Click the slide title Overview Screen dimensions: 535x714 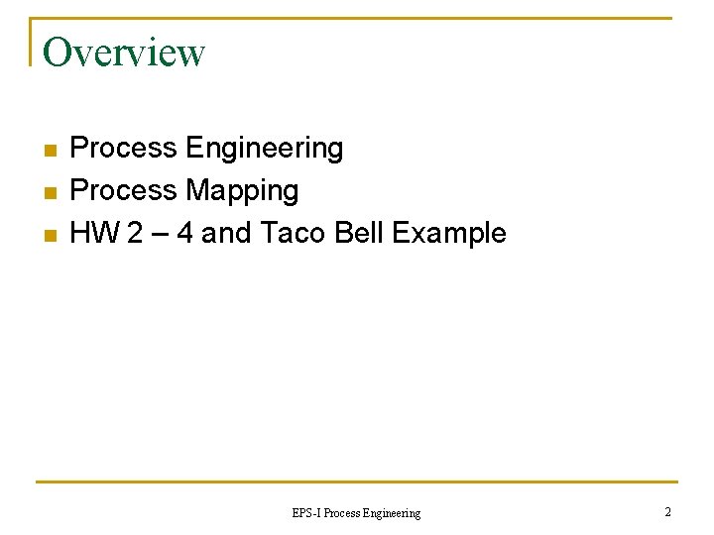coord(124,53)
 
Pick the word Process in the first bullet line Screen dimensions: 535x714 coord(124,149)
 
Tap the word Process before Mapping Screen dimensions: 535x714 coord(124,190)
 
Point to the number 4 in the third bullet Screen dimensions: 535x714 coord(183,234)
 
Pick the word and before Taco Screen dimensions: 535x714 coord(226,234)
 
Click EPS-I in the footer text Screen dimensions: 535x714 coord(306,513)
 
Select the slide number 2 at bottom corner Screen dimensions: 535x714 coord(667,512)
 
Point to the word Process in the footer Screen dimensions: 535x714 coord(342,513)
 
